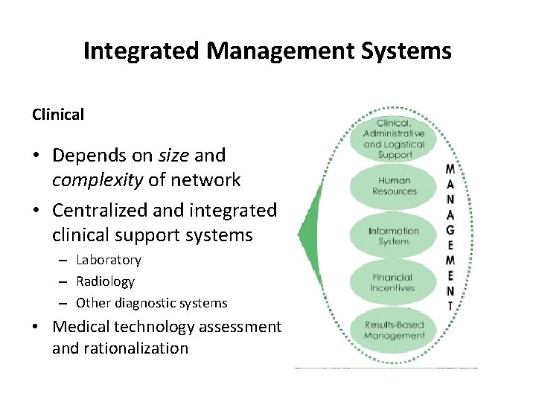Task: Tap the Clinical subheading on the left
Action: tap(58, 115)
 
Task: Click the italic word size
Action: tap(175, 156)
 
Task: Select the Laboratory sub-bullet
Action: tap(109, 260)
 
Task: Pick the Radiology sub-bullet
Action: tap(106, 281)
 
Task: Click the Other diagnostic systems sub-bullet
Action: tap(152, 303)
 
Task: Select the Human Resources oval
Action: tap(394, 186)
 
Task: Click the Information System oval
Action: tap(394, 236)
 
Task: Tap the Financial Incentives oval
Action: tap(393, 283)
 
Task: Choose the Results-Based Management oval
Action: tap(394, 330)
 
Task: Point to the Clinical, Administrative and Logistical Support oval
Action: tap(394, 139)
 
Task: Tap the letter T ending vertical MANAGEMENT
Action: tap(450, 305)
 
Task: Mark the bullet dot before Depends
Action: tap(36, 156)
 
